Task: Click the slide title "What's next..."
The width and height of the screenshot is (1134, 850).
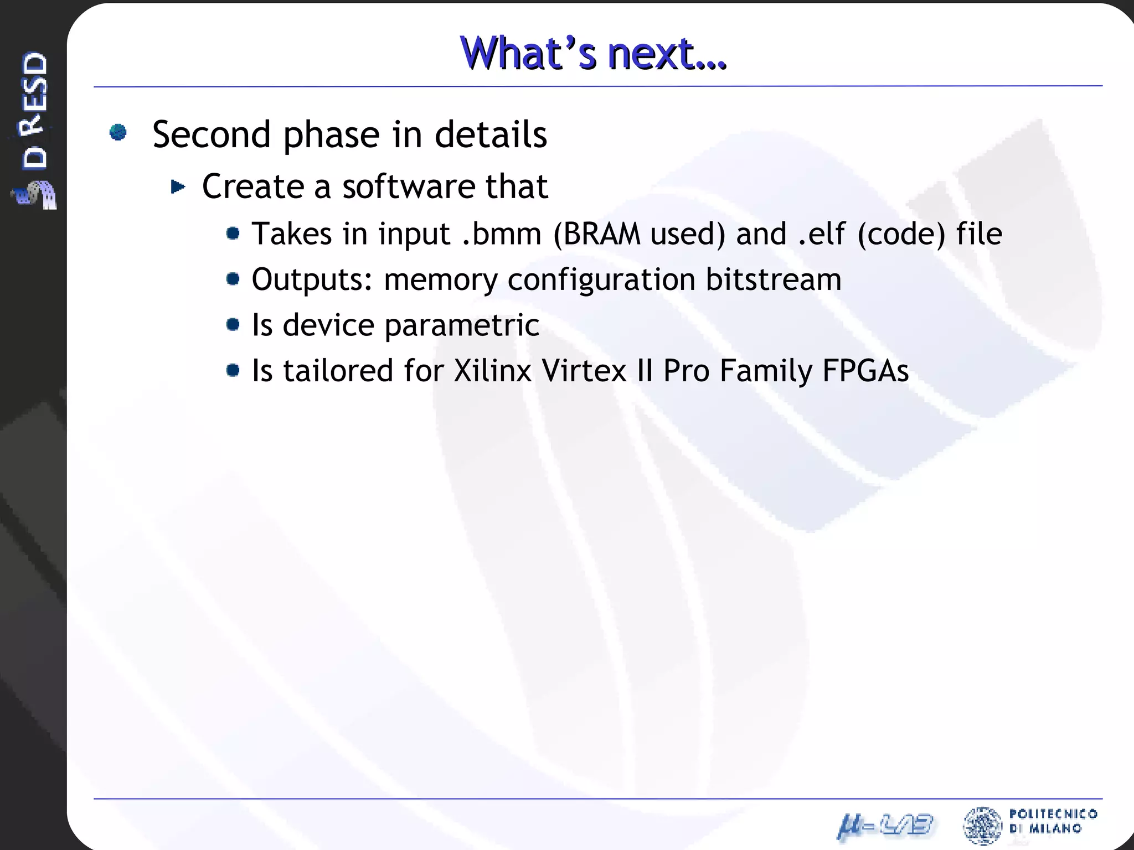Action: point(593,53)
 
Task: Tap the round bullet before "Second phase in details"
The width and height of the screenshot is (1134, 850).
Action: point(118,132)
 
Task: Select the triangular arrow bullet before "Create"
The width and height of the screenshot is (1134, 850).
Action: point(178,187)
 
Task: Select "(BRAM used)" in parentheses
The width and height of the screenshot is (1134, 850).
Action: point(639,234)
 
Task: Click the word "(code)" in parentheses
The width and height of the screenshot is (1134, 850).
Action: point(901,234)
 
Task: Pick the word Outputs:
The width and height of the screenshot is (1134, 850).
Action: point(312,279)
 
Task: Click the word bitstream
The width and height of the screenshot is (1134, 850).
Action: point(773,279)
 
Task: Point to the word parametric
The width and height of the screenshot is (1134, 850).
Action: point(462,325)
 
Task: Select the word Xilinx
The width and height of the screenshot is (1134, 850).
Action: point(493,371)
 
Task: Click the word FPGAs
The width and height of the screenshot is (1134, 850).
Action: point(865,371)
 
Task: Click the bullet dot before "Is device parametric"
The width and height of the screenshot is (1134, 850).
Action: point(233,324)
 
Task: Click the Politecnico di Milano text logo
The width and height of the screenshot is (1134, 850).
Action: point(1053,821)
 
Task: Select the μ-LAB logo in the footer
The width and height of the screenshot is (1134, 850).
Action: point(885,826)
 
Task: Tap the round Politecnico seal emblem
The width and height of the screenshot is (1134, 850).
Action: point(982,825)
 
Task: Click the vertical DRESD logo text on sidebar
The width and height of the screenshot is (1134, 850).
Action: point(34,110)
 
